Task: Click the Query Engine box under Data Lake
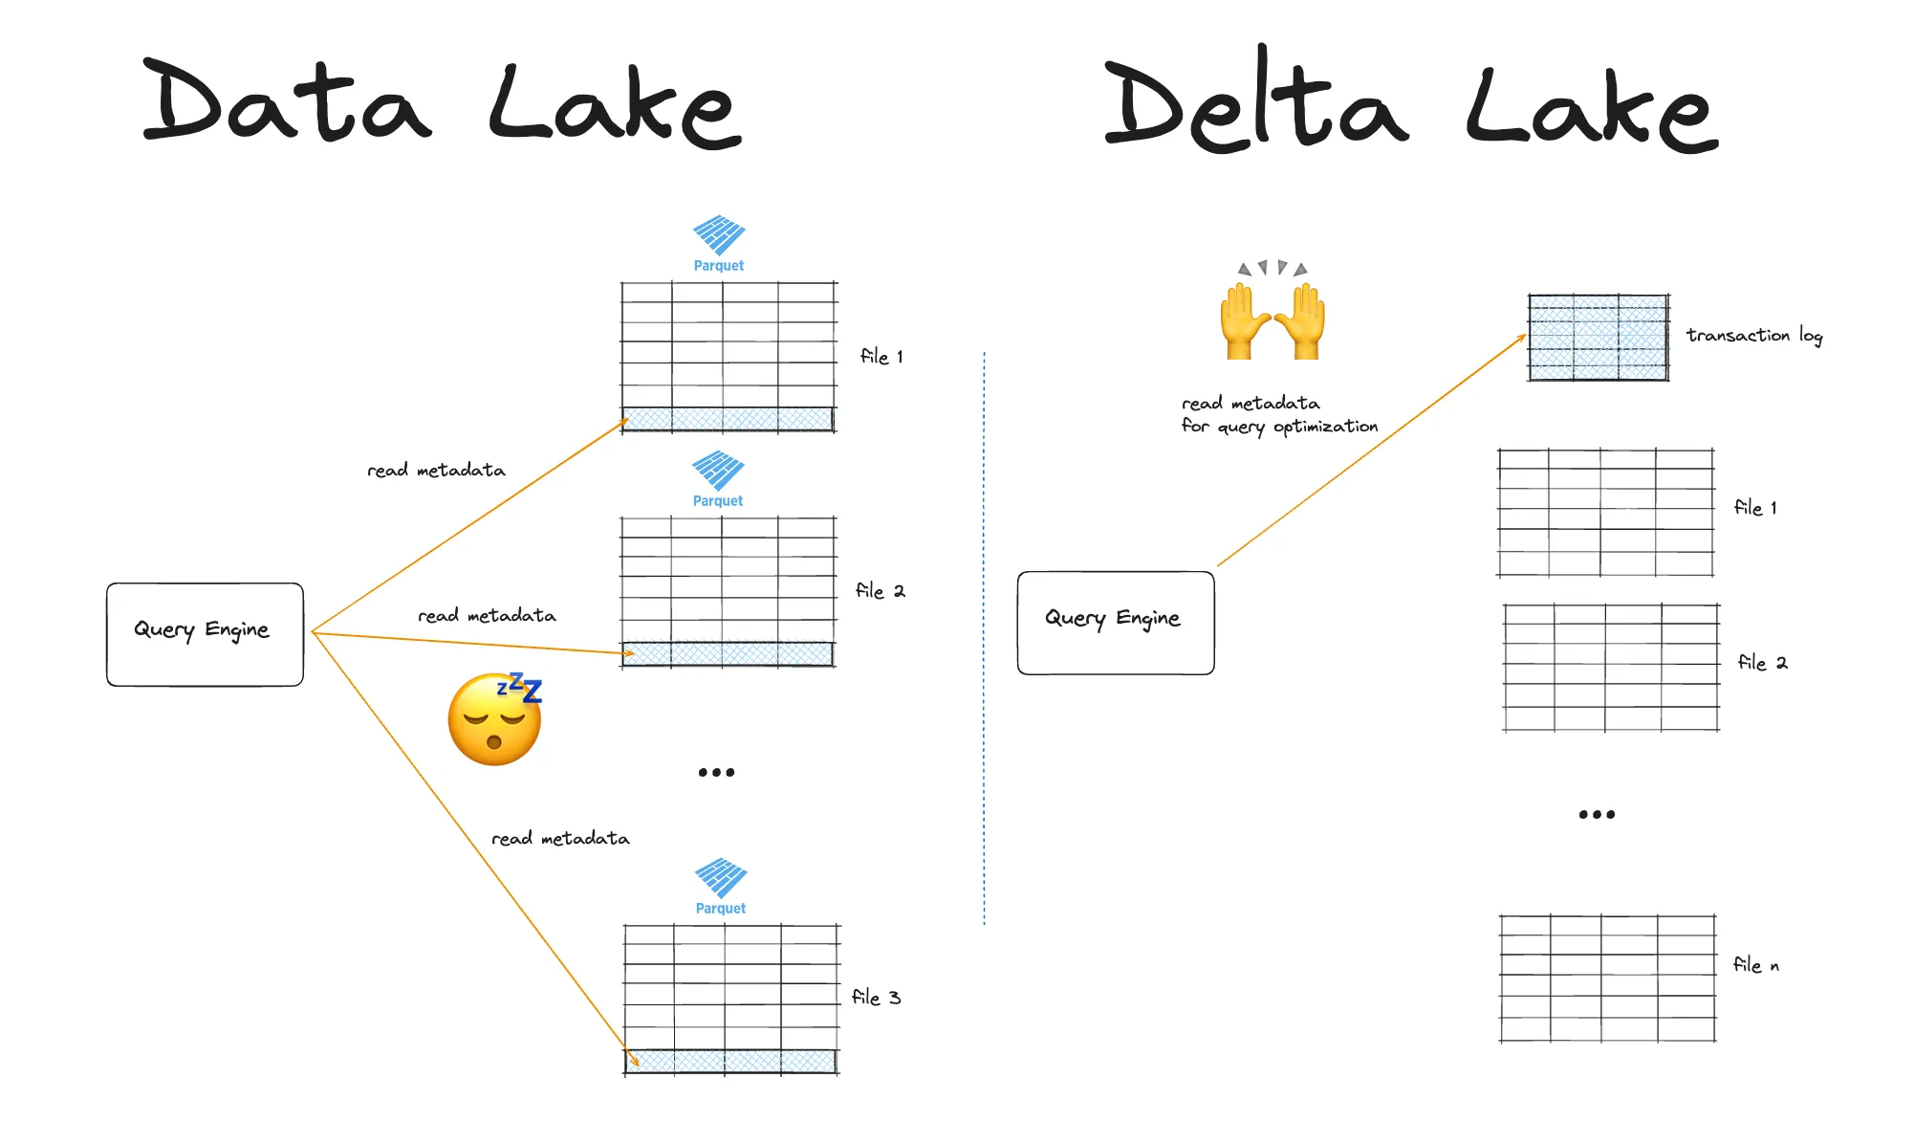click(205, 634)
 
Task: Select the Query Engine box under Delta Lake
click(1115, 623)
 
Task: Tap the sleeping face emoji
click(494, 719)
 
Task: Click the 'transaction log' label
click(1753, 336)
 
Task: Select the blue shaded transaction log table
click(1598, 338)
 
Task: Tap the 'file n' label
click(1755, 965)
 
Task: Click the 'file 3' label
click(876, 998)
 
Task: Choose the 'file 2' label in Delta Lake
click(1762, 663)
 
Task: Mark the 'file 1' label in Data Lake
click(881, 357)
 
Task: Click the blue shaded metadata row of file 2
click(728, 654)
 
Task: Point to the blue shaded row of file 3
click(730, 1061)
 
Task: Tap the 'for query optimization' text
click(1279, 427)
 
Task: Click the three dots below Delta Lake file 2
click(1597, 815)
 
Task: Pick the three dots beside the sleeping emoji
click(716, 772)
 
